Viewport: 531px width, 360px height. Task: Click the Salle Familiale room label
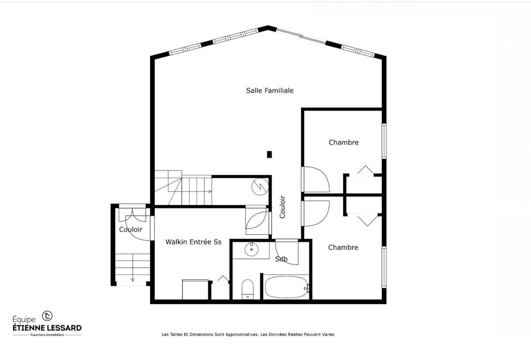[x=269, y=91]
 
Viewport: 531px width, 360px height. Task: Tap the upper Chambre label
[x=343, y=142]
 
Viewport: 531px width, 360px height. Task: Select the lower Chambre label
[x=343, y=248]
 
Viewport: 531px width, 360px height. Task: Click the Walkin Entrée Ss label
[x=193, y=242]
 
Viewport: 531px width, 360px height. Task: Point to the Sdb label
[x=281, y=259]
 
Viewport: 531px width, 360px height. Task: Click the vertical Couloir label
[x=282, y=207]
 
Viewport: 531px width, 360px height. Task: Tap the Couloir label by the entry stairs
[x=131, y=230]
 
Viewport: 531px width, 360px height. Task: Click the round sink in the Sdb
[x=251, y=249]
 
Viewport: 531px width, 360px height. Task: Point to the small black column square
[x=269, y=154]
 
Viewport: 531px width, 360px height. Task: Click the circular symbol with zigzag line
[x=260, y=186]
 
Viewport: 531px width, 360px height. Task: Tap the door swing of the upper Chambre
[x=316, y=179]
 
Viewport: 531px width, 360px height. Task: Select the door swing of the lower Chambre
[x=316, y=213]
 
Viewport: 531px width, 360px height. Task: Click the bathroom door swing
[x=287, y=252]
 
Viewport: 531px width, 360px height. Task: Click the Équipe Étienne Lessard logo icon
[x=47, y=316]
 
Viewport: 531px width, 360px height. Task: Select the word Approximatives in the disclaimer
[x=242, y=335]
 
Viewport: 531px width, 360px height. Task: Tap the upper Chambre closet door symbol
[x=366, y=171]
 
